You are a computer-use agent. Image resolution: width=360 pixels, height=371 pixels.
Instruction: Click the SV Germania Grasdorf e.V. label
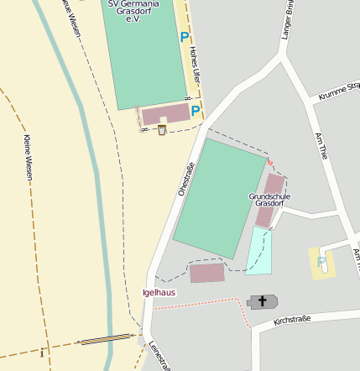(x=139, y=10)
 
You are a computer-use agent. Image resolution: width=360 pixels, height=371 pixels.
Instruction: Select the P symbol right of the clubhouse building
(x=196, y=111)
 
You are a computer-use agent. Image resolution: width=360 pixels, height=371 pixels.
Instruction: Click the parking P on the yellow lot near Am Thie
(x=321, y=262)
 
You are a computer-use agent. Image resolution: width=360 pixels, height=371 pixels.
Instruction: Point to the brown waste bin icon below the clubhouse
(x=162, y=129)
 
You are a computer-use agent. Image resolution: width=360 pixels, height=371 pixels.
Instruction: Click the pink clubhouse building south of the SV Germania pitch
(x=165, y=115)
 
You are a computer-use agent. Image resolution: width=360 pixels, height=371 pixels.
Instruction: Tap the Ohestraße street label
(x=185, y=179)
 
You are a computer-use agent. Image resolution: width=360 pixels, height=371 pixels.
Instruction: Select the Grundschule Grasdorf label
(x=269, y=200)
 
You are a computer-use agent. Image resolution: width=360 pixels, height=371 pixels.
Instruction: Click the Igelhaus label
(x=159, y=293)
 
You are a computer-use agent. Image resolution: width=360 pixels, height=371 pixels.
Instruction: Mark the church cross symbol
(x=262, y=301)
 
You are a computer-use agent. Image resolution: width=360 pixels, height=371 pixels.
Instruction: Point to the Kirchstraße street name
(x=292, y=319)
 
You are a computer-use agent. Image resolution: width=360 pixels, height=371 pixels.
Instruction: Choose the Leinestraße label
(x=159, y=354)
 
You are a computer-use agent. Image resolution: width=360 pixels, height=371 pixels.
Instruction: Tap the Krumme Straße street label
(x=338, y=91)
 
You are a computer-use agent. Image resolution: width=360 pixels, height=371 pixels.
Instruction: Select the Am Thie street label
(x=320, y=144)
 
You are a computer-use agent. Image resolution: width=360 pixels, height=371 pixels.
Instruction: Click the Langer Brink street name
(x=288, y=18)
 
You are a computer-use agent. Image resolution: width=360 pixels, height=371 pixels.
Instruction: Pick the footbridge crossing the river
(x=105, y=340)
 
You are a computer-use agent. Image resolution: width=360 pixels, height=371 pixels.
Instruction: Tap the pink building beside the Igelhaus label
(x=207, y=273)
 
